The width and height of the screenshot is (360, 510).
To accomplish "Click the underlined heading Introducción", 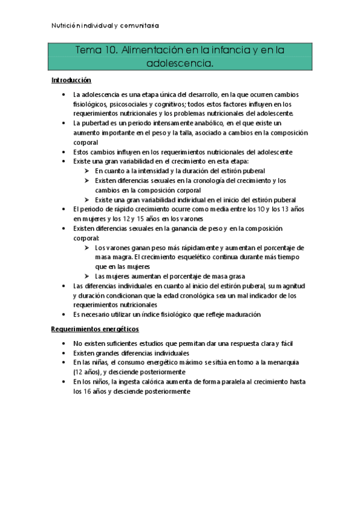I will tap(71, 79).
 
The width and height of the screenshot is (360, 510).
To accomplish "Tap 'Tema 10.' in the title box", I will tap(97, 52).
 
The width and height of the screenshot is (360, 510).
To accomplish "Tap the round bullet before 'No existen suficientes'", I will tap(64, 343).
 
